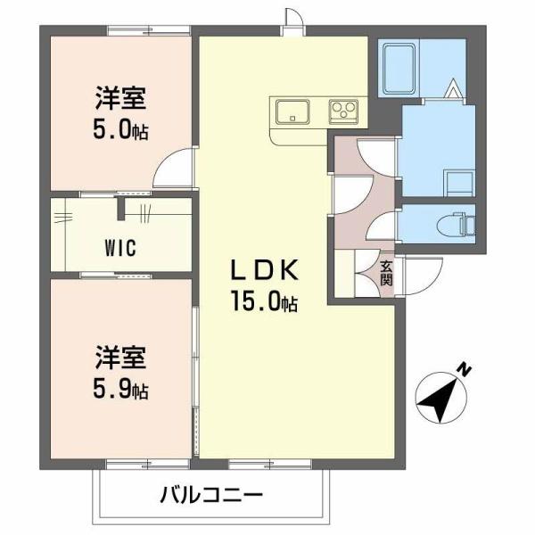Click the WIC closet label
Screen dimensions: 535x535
click(118, 248)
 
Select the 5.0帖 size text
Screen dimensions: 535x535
click(121, 131)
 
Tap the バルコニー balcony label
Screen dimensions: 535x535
click(211, 494)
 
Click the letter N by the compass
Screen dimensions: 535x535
click(464, 368)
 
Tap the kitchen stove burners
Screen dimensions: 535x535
click(342, 111)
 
